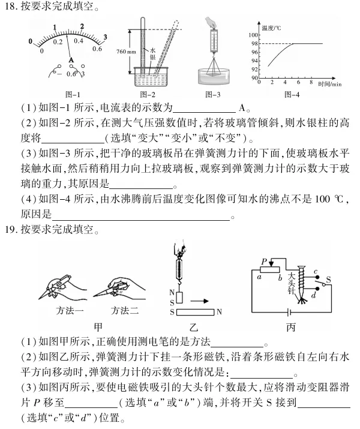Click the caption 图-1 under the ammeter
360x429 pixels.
pos(72,94)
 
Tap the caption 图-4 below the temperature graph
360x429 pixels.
pos(291,94)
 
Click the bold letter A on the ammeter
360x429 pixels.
pos(71,61)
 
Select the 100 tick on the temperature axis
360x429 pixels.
pos(254,35)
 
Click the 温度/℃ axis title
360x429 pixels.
pos(271,28)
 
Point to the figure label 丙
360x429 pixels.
pos(291,327)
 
